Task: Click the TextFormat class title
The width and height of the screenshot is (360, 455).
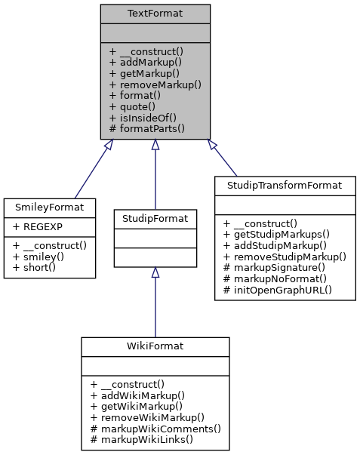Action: coord(155,14)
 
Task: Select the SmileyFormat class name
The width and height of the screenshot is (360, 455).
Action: coord(50,206)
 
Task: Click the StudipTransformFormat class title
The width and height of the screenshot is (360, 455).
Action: coord(285,185)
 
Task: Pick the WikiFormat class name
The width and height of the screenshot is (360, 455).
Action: coord(155,346)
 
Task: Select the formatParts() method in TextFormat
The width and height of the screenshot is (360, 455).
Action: coord(147,129)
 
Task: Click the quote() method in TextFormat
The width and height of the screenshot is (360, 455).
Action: coord(134,107)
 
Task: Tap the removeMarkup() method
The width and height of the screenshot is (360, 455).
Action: coord(155,85)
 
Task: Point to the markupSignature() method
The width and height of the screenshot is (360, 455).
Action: coord(278,268)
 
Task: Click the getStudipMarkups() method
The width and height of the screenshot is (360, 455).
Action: coord(278,234)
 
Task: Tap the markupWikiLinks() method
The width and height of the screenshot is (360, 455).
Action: coord(141,439)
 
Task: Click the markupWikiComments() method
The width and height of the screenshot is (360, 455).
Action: coord(155,429)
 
